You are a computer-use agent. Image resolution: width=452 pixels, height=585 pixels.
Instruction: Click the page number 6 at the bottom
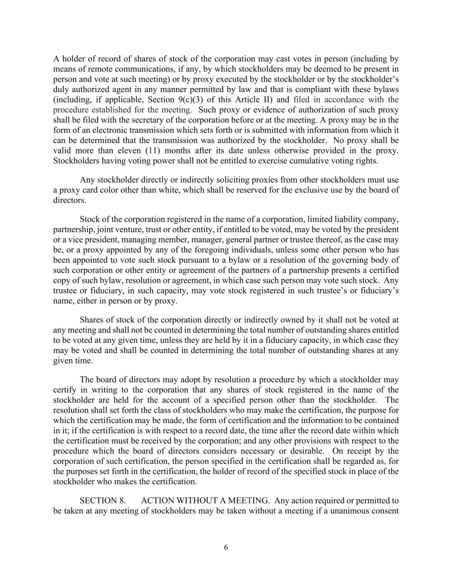226,547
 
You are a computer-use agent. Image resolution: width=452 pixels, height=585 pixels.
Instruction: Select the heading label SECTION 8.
102,501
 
